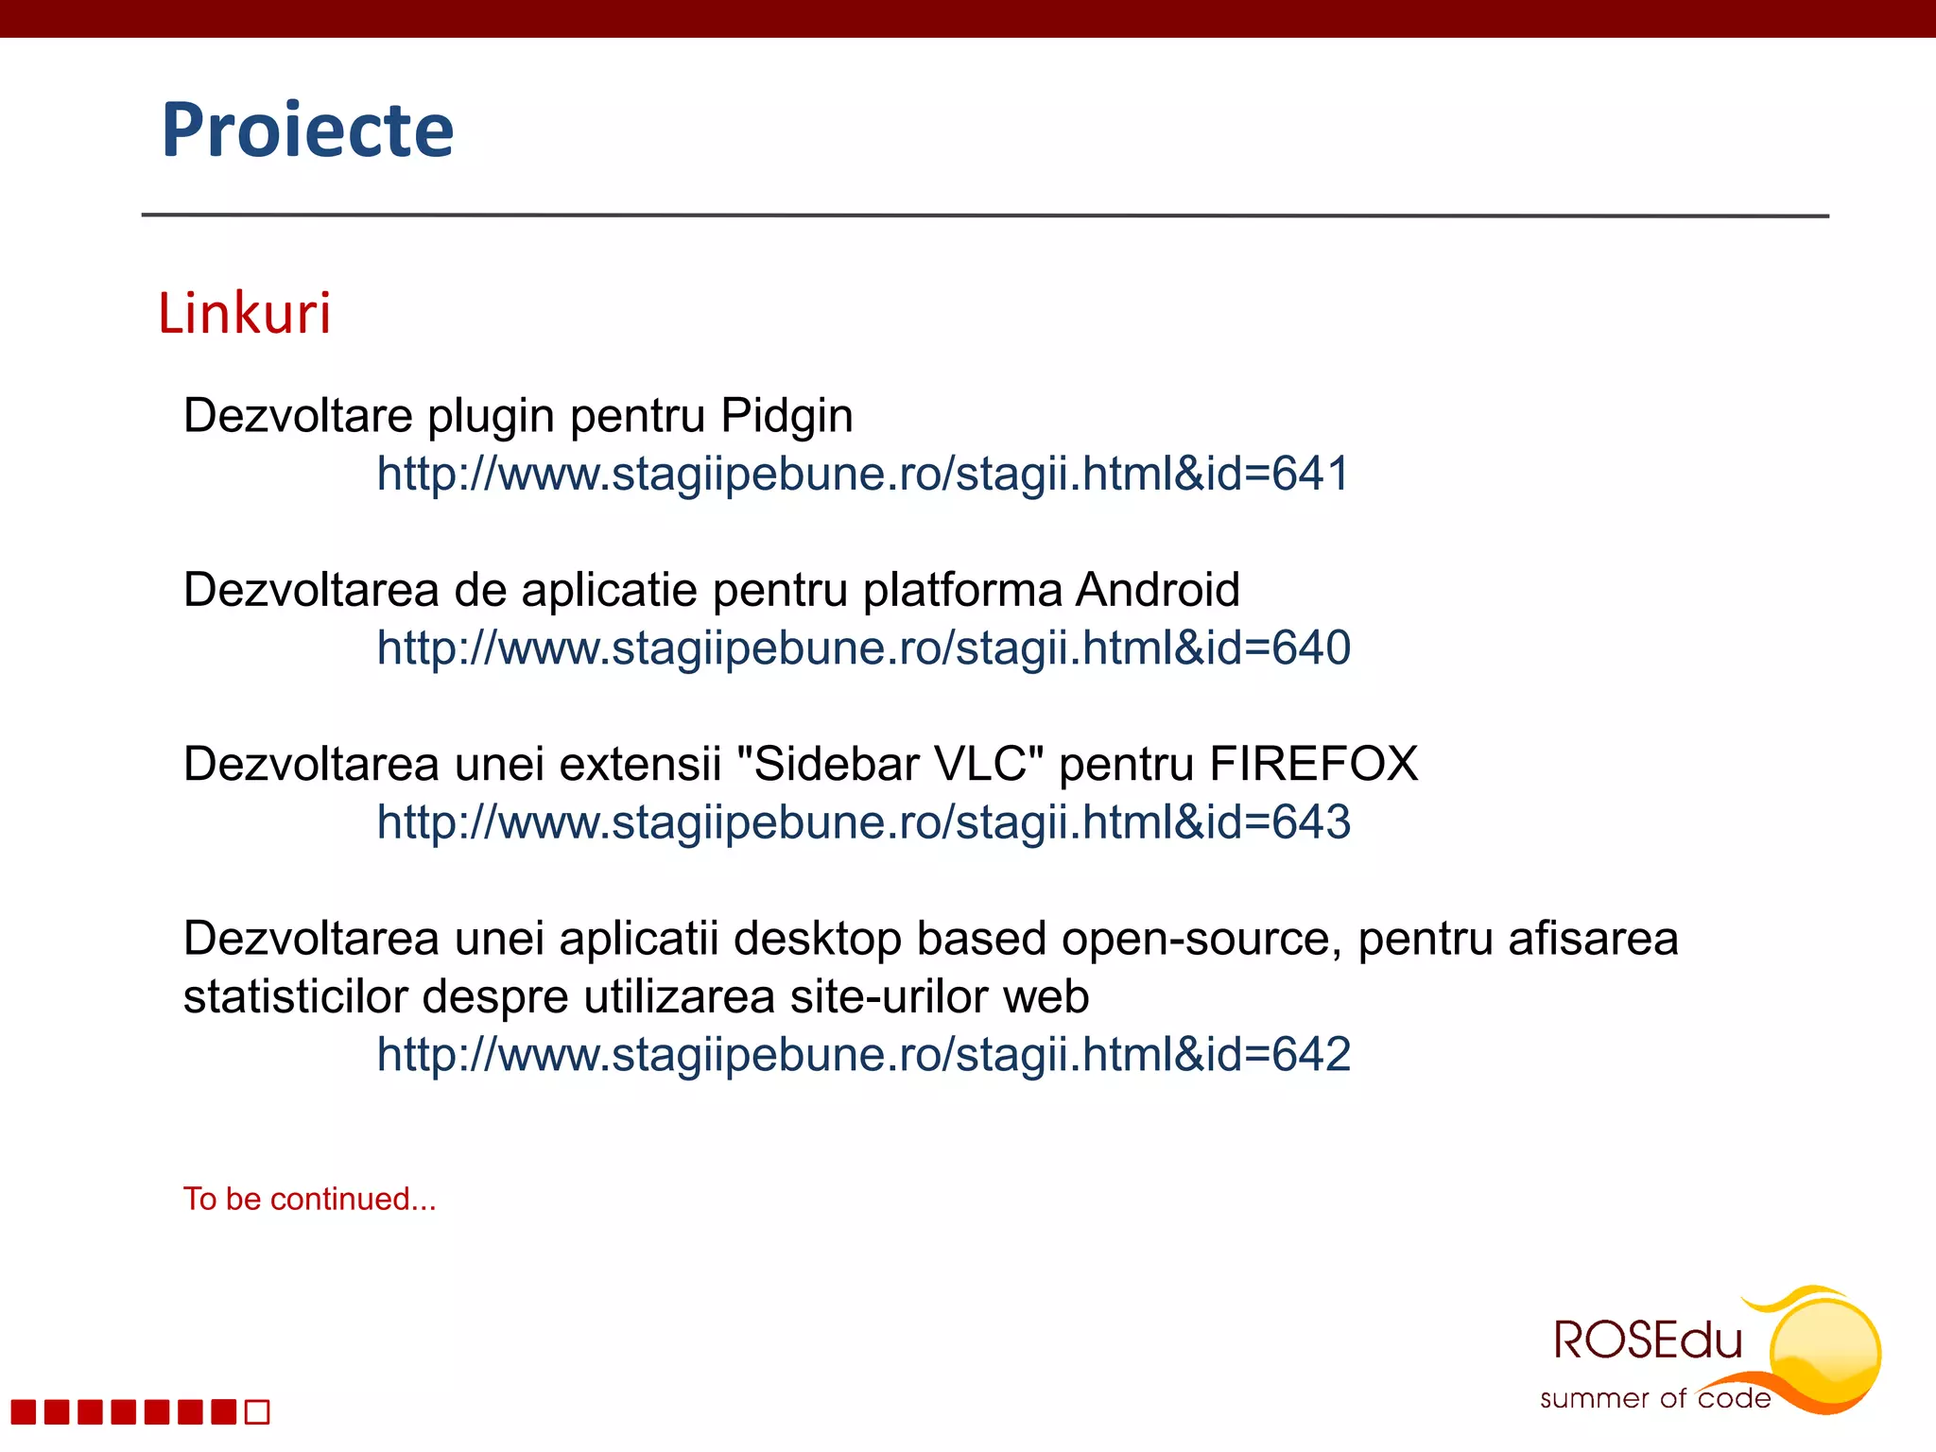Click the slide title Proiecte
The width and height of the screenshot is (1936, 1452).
click(307, 130)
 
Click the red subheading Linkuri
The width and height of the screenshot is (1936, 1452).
click(245, 313)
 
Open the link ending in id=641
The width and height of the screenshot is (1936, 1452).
click(863, 474)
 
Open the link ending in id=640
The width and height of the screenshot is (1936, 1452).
click(863, 648)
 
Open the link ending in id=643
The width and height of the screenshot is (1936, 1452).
click(863, 822)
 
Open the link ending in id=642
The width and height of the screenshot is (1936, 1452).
click(863, 1055)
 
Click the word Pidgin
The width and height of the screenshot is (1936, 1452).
click(786, 416)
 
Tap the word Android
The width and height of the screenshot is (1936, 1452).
click(1157, 591)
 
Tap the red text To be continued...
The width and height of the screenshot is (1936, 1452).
click(309, 1200)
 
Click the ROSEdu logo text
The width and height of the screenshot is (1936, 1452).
click(1647, 1340)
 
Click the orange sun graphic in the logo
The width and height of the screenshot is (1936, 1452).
click(1824, 1347)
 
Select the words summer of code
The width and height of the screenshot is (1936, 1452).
click(1654, 1399)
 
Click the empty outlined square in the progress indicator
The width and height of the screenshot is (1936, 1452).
click(257, 1412)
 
